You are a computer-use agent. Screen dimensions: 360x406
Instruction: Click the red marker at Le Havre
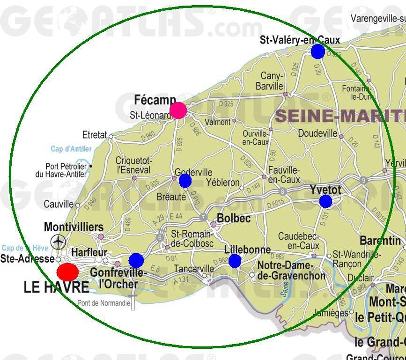pyautogui.click(x=68, y=272)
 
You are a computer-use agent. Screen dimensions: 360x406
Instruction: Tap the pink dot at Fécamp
pyautogui.click(x=178, y=110)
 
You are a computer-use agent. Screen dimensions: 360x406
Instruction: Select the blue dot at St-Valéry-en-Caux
pyautogui.click(x=318, y=51)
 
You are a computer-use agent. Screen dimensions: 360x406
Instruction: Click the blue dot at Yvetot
pyautogui.click(x=325, y=201)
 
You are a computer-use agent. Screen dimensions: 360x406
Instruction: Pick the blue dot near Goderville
pyautogui.click(x=185, y=181)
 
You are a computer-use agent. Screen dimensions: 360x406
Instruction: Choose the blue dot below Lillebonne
pyautogui.click(x=235, y=261)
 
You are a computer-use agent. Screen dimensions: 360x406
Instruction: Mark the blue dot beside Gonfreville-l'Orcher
pyautogui.click(x=136, y=260)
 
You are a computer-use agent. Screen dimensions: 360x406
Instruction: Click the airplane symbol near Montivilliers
pyautogui.click(x=59, y=242)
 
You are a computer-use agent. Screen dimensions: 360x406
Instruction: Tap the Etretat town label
pyautogui.click(x=94, y=135)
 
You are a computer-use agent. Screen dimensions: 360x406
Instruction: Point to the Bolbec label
pyautogui.click(x=234, y=218)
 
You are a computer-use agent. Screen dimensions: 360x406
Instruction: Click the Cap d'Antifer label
pyautogui.click(x=72, y=149)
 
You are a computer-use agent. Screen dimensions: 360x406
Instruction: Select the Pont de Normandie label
pyautogui.click(x=103, y=303)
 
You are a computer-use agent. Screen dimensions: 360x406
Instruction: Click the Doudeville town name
pyautogui.click(x=317, y=133)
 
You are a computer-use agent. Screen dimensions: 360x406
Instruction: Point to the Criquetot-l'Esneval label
pyautogui.click(x=133, y=165)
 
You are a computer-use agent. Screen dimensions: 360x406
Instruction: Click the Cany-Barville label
pyautogui.click(x=270, y=81)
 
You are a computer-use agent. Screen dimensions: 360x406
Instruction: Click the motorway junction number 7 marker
pyautogui.click(x=203, y=218)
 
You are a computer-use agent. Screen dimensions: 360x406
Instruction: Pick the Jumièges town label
pyautogui.click(x=331, y=313)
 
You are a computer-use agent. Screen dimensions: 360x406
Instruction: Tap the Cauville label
pyautogui.click(x=59, y=204)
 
